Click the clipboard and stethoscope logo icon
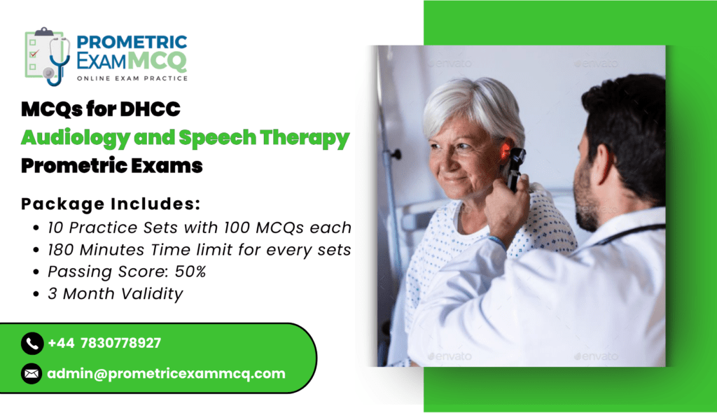coord(48,57)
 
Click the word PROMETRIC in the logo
coord(132,42)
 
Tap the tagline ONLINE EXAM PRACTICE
coord(132,78)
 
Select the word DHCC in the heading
coord(150,109)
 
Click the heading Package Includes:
coord(111,204)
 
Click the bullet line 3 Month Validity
coord(116,293)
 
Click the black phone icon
coord(32,343)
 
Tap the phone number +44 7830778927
coord(104,343)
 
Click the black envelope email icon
coord(32,374)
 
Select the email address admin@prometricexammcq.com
coord(167,374)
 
